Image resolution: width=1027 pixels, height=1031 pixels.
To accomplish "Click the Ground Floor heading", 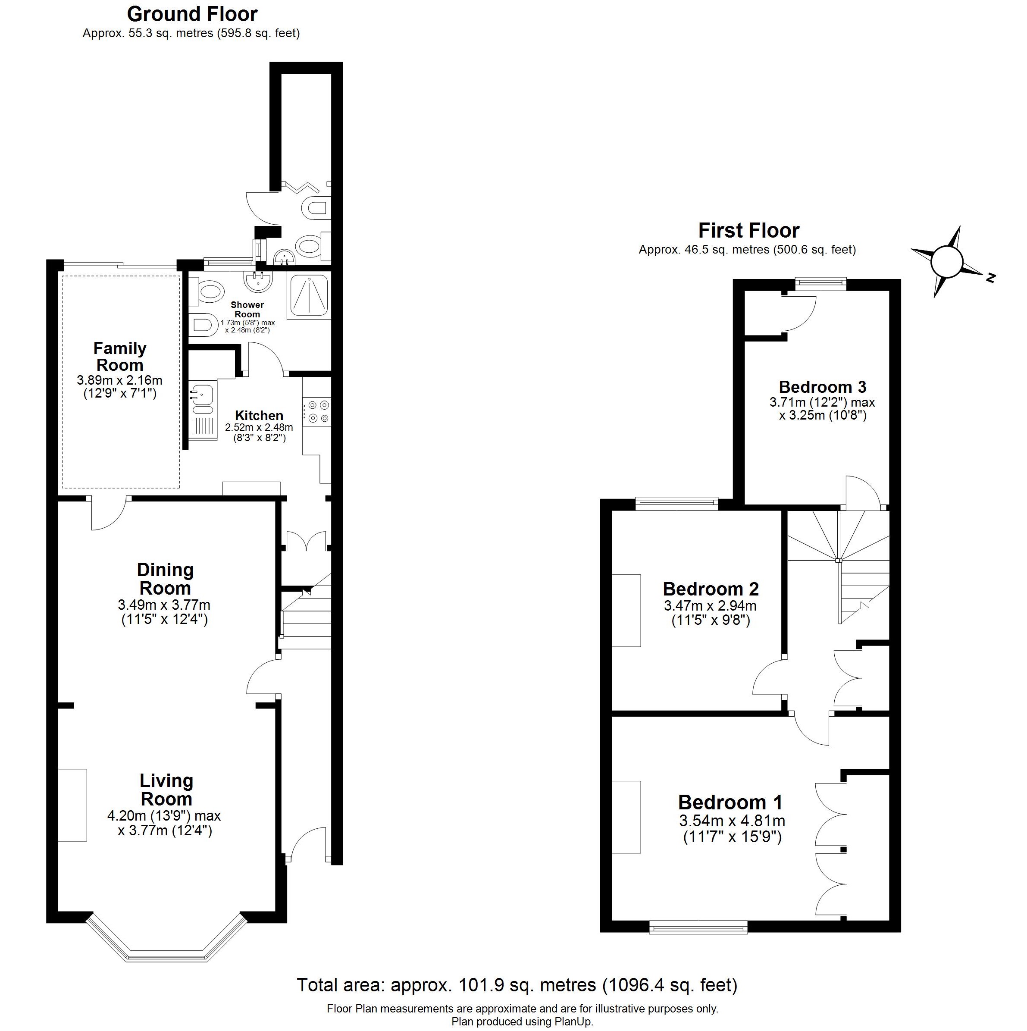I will [x=192, y=14].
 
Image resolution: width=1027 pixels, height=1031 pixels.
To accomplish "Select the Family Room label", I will [x=119, y=357].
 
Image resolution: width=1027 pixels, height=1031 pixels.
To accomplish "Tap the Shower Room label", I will [x=247, y=310].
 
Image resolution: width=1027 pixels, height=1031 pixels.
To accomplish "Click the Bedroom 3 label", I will [x=822, y=386].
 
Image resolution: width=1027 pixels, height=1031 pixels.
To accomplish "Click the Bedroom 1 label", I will [x=730, y=802].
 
